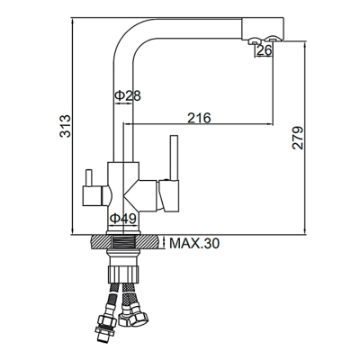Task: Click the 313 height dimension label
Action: pyautogui.click(x=65, y=126)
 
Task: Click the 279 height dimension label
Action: pyautogui.click(x=298, y=138)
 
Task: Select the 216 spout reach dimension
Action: pyautogui.click(x=199, y=118)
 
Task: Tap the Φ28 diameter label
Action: pyautogui.click(x=128, y=96)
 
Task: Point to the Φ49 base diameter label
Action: pyautogui.click(x=123, y=219)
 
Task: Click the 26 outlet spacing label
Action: pyautogui.click(x=265, y=50)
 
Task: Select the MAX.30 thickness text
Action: pyautogui.click(x=194, y=243)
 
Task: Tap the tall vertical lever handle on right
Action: pyautogui.click(x=175, y=157)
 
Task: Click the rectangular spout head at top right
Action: pyautogui.click(x=263, y=28)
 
